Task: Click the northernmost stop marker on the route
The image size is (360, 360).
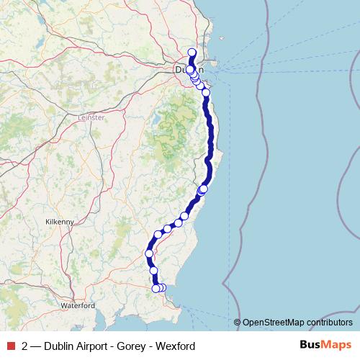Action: (192, 52)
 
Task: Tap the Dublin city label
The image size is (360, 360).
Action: (189, 71)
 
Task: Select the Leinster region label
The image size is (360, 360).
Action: (91, 117)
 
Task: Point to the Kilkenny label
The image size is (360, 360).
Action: (59, 222)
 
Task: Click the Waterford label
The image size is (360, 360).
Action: (78, 305)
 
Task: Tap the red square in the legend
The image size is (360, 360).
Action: (11, 346)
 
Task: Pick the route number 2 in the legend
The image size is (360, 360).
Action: (25, 346)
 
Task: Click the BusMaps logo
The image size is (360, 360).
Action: (325, 346)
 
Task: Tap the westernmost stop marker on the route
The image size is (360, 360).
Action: (150, 253)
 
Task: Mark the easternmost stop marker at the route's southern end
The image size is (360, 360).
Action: (163, 288)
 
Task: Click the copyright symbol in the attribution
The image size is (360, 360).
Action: (237, 323)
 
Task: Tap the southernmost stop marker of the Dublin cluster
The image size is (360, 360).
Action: (206, 92)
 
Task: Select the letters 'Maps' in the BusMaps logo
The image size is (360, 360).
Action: (336, 346)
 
